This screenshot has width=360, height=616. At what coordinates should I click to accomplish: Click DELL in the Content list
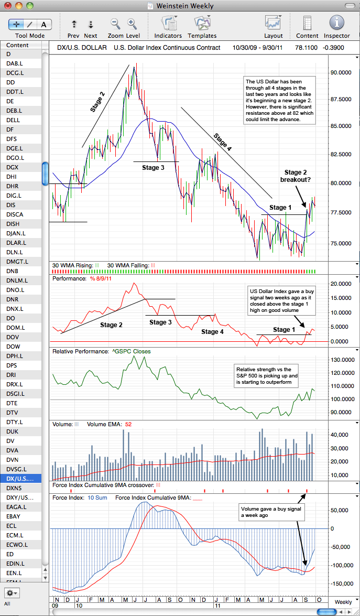click(13, 120)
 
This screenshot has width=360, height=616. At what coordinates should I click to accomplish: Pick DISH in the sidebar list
click(14, 224)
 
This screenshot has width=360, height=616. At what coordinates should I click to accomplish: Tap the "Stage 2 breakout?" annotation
click(295, 176)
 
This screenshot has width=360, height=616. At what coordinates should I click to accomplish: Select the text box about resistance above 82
click(279, 100)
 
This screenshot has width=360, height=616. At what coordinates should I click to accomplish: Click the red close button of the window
click(7, 6)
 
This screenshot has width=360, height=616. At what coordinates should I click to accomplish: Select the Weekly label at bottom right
click(343, 602)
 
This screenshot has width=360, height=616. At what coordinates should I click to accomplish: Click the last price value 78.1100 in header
click(308, 48)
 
